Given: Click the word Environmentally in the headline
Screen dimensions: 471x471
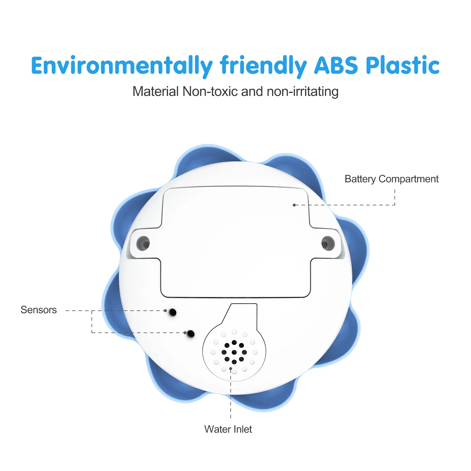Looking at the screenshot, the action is click(122, 65).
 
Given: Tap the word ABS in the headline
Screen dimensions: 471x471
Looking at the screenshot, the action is click(336, 65).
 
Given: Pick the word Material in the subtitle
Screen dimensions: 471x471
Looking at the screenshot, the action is click(156, 91).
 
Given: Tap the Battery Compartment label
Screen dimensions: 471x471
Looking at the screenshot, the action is click(391, 179).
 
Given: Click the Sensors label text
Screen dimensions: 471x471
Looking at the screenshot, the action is click(39, 310).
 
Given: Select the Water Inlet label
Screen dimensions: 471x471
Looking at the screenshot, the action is click(228, 429).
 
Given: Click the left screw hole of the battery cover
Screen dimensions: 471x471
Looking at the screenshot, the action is click(144, 243).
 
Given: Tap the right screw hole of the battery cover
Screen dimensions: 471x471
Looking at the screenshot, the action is click(327, 243).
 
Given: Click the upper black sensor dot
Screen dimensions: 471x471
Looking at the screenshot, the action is click(173, 312).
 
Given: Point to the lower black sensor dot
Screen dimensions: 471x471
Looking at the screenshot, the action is click(191, 334).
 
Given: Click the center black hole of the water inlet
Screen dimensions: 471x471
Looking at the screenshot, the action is click(234, 352).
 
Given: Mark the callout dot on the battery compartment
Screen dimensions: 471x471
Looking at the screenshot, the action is click(294, 205).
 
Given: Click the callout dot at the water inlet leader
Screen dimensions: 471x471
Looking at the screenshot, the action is click(231, 368).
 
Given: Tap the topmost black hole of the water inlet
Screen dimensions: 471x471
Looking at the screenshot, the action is click(234, 342).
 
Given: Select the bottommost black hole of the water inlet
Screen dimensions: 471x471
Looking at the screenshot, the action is click(234, 362).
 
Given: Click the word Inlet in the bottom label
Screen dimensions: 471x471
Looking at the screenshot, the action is click(242, 429).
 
